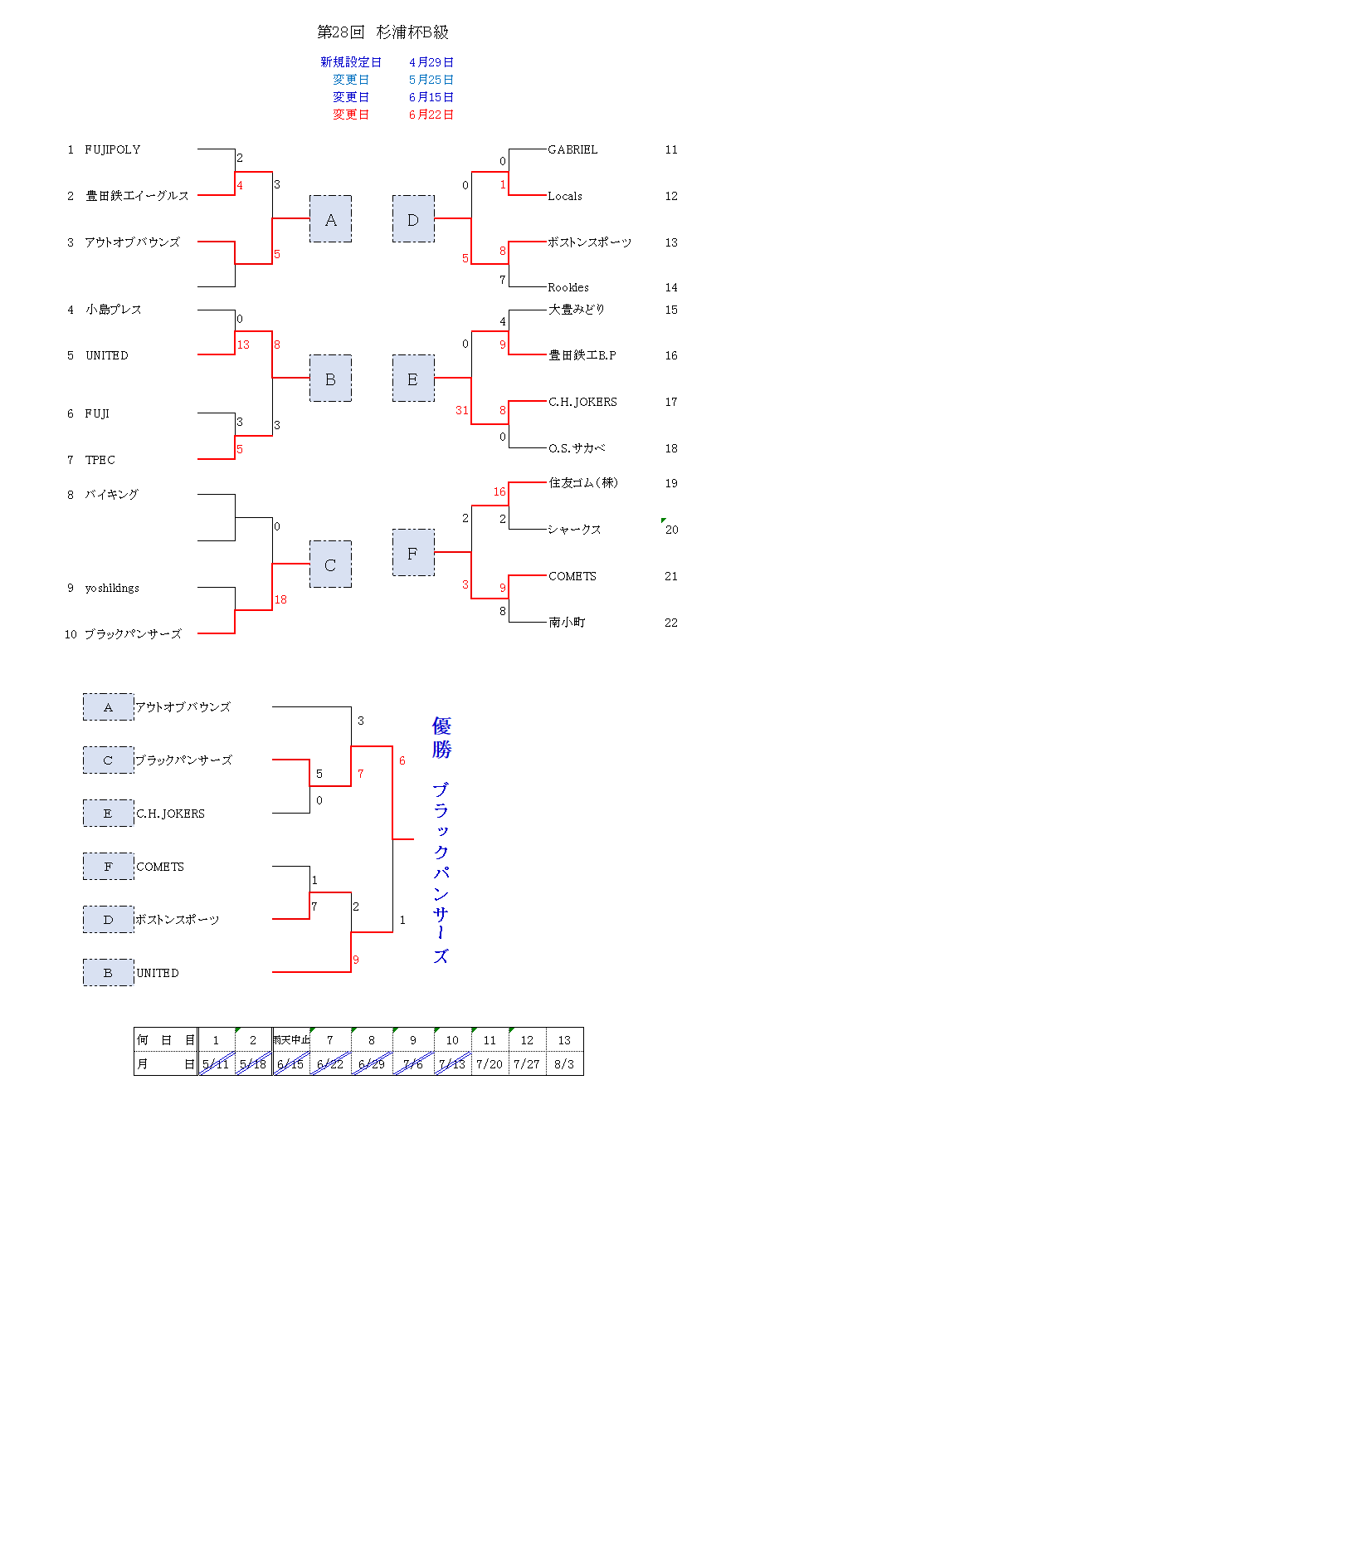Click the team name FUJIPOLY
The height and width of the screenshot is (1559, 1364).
click(113, 149)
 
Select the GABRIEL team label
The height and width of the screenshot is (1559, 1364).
click(572, 149)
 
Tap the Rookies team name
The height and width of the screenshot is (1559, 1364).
click(568, 287)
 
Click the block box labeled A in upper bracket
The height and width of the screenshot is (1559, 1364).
click(330, 219)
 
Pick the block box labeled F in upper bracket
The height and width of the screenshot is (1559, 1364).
click(413, 553)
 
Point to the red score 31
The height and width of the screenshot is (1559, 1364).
click(462, 410)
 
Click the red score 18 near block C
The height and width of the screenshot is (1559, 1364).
click(280, 599)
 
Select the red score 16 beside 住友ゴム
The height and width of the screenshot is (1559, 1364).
click(499, 491)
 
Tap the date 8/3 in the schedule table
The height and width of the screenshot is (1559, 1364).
click(564, 1064)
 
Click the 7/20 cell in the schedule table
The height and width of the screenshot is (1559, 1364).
click(490, 1064)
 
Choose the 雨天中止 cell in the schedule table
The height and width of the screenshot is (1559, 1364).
click(291, 1040)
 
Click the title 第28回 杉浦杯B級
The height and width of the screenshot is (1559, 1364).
click(382, 32)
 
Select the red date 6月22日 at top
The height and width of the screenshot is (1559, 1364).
click(431, 115)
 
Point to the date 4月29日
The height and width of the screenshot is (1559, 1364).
click(431, 62)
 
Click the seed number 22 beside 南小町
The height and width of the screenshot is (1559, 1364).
click(671, 623)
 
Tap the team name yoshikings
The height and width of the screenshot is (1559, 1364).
click(112, 588)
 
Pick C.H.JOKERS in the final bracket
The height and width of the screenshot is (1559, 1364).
click(170, 814)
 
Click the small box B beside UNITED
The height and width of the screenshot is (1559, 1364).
click(108, 973)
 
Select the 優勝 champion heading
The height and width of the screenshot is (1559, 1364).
click(441, 738)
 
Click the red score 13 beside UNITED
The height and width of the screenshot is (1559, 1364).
click(243, 345)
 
